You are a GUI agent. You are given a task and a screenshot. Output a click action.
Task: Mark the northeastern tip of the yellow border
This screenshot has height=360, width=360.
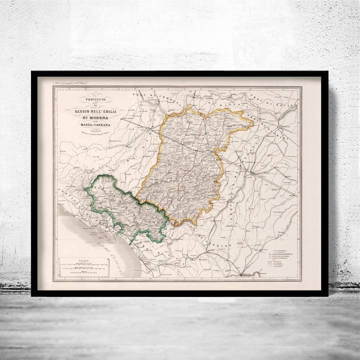point(252,121)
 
